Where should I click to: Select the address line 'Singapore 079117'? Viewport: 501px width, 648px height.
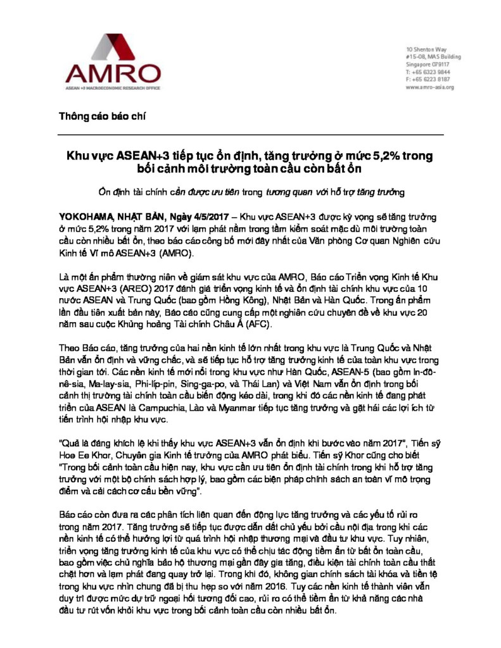pyautogui.click(x=428, y=65)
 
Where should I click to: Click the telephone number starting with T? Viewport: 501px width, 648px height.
pyautogui.click(x=428, y=72)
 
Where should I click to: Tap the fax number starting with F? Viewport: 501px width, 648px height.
pyautogui.click(x=428, y=80)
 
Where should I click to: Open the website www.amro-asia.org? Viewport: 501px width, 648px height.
pyautogui.click(x=430, y=87)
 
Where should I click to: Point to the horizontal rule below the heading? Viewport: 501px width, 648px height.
pyautogui.click(x=250, y=135)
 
